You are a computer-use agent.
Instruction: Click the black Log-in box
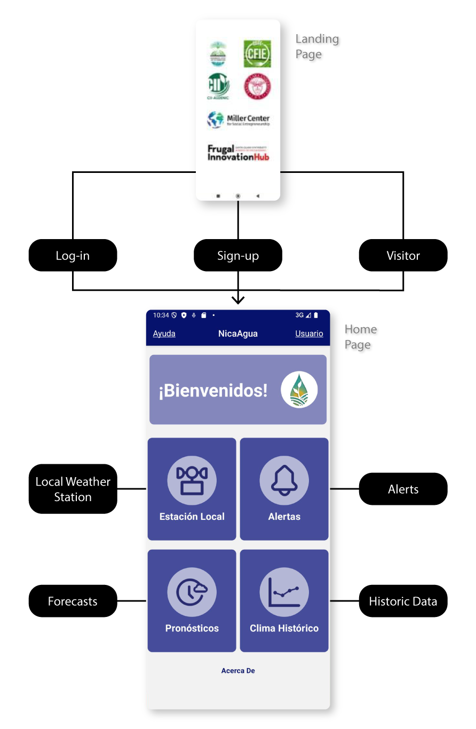[73, 256]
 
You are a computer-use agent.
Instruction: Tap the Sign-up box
[238, 256]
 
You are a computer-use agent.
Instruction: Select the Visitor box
[403, 256]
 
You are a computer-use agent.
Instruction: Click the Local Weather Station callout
[73, 489]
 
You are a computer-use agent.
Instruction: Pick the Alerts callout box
[403, 489]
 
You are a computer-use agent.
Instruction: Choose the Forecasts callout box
[73, 601]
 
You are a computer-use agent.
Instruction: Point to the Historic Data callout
[403, 601]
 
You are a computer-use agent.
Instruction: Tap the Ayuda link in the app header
[164, 334]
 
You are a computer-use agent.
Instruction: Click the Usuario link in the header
[309, 334]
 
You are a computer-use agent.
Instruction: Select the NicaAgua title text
[238, 334]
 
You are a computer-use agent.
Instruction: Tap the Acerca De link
[238, 671]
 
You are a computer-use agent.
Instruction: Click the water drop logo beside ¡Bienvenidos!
[299, 390]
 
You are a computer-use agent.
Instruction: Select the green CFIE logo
[257, 54]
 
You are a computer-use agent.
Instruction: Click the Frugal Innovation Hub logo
[238, 153]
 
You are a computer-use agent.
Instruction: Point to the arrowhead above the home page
[238, 299]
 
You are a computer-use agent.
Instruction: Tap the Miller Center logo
[238, 120]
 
